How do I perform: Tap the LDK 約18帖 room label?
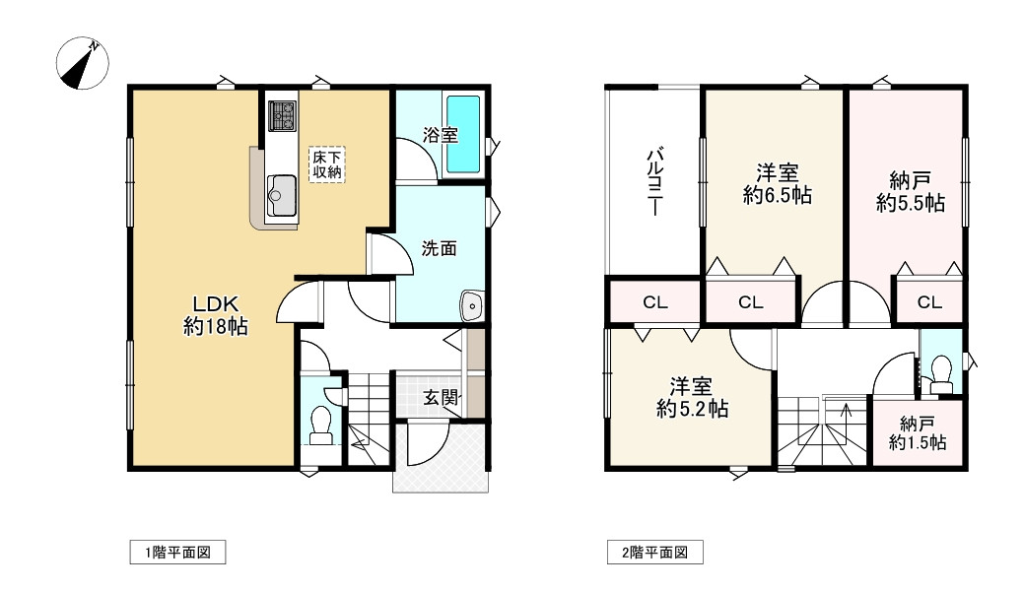tap(215, 315)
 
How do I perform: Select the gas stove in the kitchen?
tap(282, 116)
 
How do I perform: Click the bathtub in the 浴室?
tap(462, 133)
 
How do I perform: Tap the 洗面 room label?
tap(440, 249)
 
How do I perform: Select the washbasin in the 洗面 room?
tap(472, 306)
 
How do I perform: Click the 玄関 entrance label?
tap(441, 398)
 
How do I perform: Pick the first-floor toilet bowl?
tap(320, 424)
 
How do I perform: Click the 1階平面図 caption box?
tap(177, 553)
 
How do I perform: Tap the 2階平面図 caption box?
tap(654, 553)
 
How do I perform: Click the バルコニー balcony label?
tap(652, 183)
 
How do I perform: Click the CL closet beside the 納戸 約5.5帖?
tap(929, 303)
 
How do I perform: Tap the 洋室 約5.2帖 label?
tap(693, 397)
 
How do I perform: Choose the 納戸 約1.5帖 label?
tap(918, 434)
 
